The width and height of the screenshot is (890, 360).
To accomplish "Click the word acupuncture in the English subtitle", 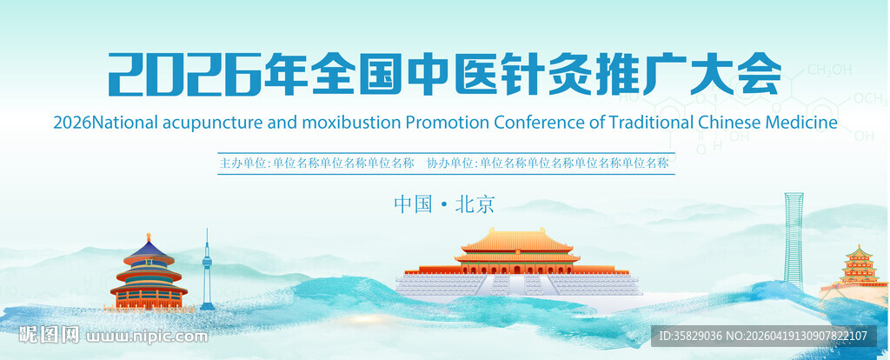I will coord(209,122).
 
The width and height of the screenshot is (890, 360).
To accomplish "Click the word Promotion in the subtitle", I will coord(446,122).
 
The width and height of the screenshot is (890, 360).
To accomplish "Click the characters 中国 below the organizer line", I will coord(413,204).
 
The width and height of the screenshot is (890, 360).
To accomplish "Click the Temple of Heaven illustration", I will coord(149,274).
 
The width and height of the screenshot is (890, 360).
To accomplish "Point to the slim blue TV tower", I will coord(207,270).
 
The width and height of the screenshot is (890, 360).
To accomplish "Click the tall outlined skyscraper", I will coord(794,239).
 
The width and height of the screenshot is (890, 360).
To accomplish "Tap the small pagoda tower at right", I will coord(859,265).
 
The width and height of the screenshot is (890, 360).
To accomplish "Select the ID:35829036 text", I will coord(691,336).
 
